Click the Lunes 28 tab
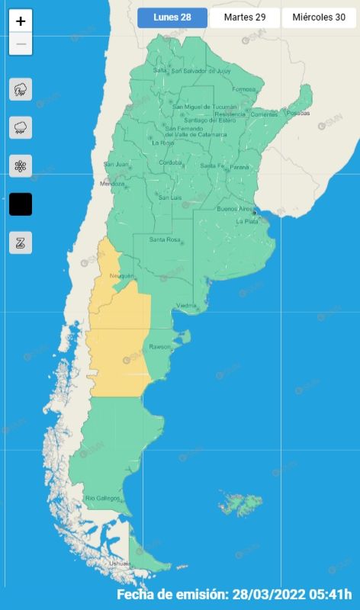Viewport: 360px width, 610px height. pyautogui.click(x=172, y=18)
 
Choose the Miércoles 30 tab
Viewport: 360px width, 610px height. pyautogui.click(x=319, y=18)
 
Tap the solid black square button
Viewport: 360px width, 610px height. pyautogui.click(x=21, y=204)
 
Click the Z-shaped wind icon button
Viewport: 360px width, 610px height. pyautogui.click(x=21, y=242)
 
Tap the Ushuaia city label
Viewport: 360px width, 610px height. pyautogui.click(x=120, y=563)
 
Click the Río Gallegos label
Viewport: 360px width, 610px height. pyautogui.click(x=103, y=498)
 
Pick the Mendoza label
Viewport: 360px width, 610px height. pyautogui.click(x=111, y=184)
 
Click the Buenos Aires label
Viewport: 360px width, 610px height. pyautogui.click(x=234, y=208)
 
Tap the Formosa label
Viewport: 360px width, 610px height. pyautogui.click(x=244, y=89)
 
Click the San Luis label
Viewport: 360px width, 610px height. pyautogui.click(x=169, y=197)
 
